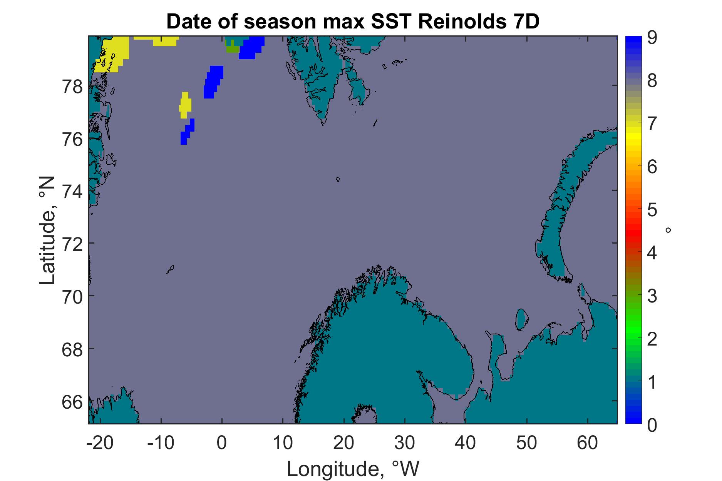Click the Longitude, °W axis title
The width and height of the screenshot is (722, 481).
tap(353, 468)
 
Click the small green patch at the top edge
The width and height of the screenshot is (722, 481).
tap(232, 48)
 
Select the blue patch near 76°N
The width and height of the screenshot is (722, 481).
tap(187, 132)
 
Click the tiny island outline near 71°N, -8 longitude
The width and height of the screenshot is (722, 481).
tap(170, 269)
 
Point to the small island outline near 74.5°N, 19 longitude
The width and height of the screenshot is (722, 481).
tap(338, 179)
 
